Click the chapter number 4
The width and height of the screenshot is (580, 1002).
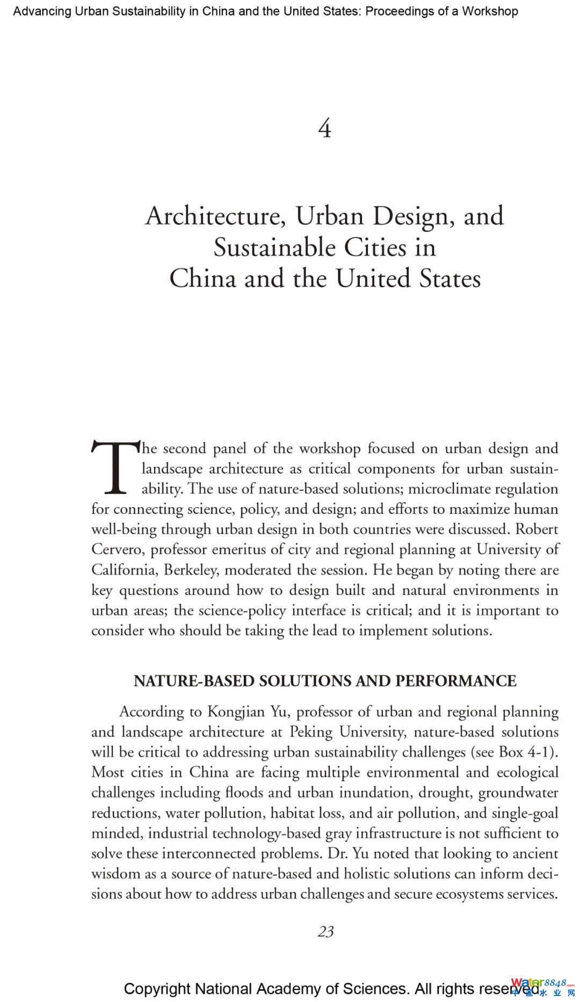tap(324, 129)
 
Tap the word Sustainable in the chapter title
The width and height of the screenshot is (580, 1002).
tap(274, 248)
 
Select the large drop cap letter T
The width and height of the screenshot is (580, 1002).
tap(114, 467)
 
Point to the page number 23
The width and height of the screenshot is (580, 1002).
tap(325, 932)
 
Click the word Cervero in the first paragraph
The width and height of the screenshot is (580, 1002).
tap(116, 549)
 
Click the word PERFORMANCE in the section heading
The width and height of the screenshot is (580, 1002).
tap(456, 681)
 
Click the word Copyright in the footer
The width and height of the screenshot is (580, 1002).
tap(157, 989)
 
